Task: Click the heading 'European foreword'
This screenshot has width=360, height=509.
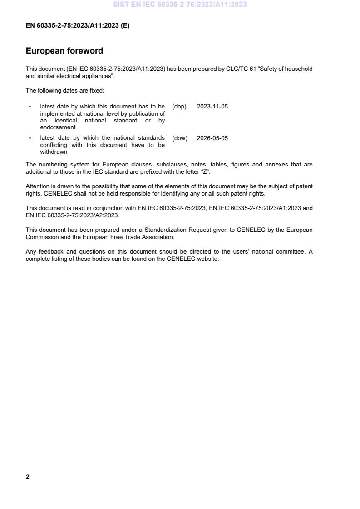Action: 64,51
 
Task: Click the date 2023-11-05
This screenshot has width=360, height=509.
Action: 212,107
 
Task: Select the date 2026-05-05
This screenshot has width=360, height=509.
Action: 212,138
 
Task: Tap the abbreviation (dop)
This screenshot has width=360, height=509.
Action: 179,107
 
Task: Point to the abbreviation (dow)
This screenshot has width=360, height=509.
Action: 180,138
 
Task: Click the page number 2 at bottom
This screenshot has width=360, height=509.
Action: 28,477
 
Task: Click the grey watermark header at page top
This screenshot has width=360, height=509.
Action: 180,5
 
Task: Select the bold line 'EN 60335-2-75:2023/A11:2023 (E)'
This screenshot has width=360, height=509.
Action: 78,26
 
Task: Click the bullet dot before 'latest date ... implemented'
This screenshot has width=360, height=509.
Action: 30,107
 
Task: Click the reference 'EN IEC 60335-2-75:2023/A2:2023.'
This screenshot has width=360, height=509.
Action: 73,215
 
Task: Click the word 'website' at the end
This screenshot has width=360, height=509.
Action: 208,259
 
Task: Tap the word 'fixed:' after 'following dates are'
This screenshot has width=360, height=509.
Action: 97,91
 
